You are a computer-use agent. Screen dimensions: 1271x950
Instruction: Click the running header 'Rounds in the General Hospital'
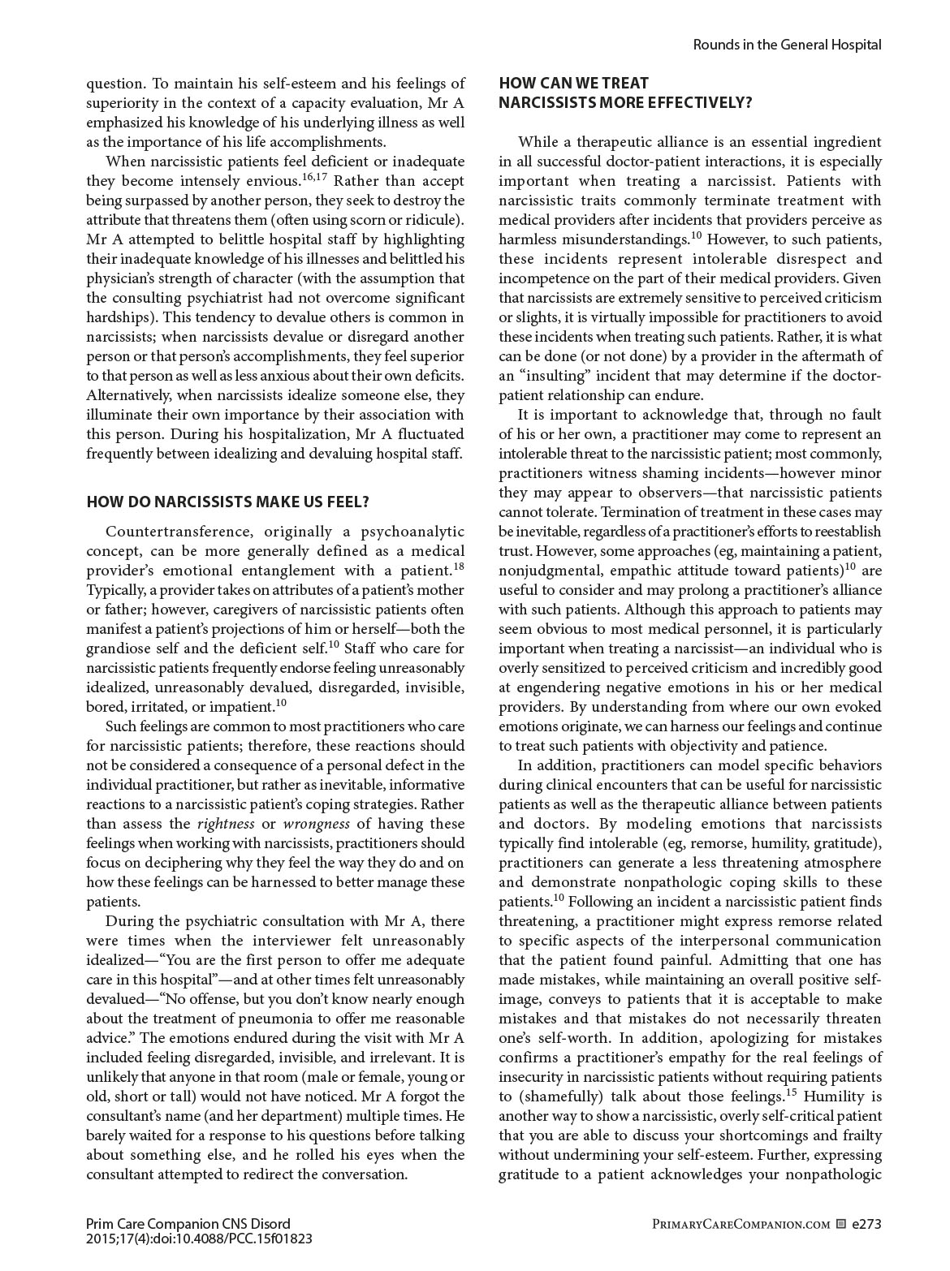[x=787, y=45]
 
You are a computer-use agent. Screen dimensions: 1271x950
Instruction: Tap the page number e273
[x=866, y=1224]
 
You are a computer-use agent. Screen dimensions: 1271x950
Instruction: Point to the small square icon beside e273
[x=840, y=1224]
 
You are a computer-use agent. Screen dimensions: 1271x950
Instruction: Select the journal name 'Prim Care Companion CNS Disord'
[x=188, y=1224]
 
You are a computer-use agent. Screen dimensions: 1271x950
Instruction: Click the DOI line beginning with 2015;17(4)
[x=199, y=1239]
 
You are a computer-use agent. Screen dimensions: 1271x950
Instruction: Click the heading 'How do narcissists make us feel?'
[x=227, y=502]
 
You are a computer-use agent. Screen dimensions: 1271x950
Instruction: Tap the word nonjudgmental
[x=546, y=571]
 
